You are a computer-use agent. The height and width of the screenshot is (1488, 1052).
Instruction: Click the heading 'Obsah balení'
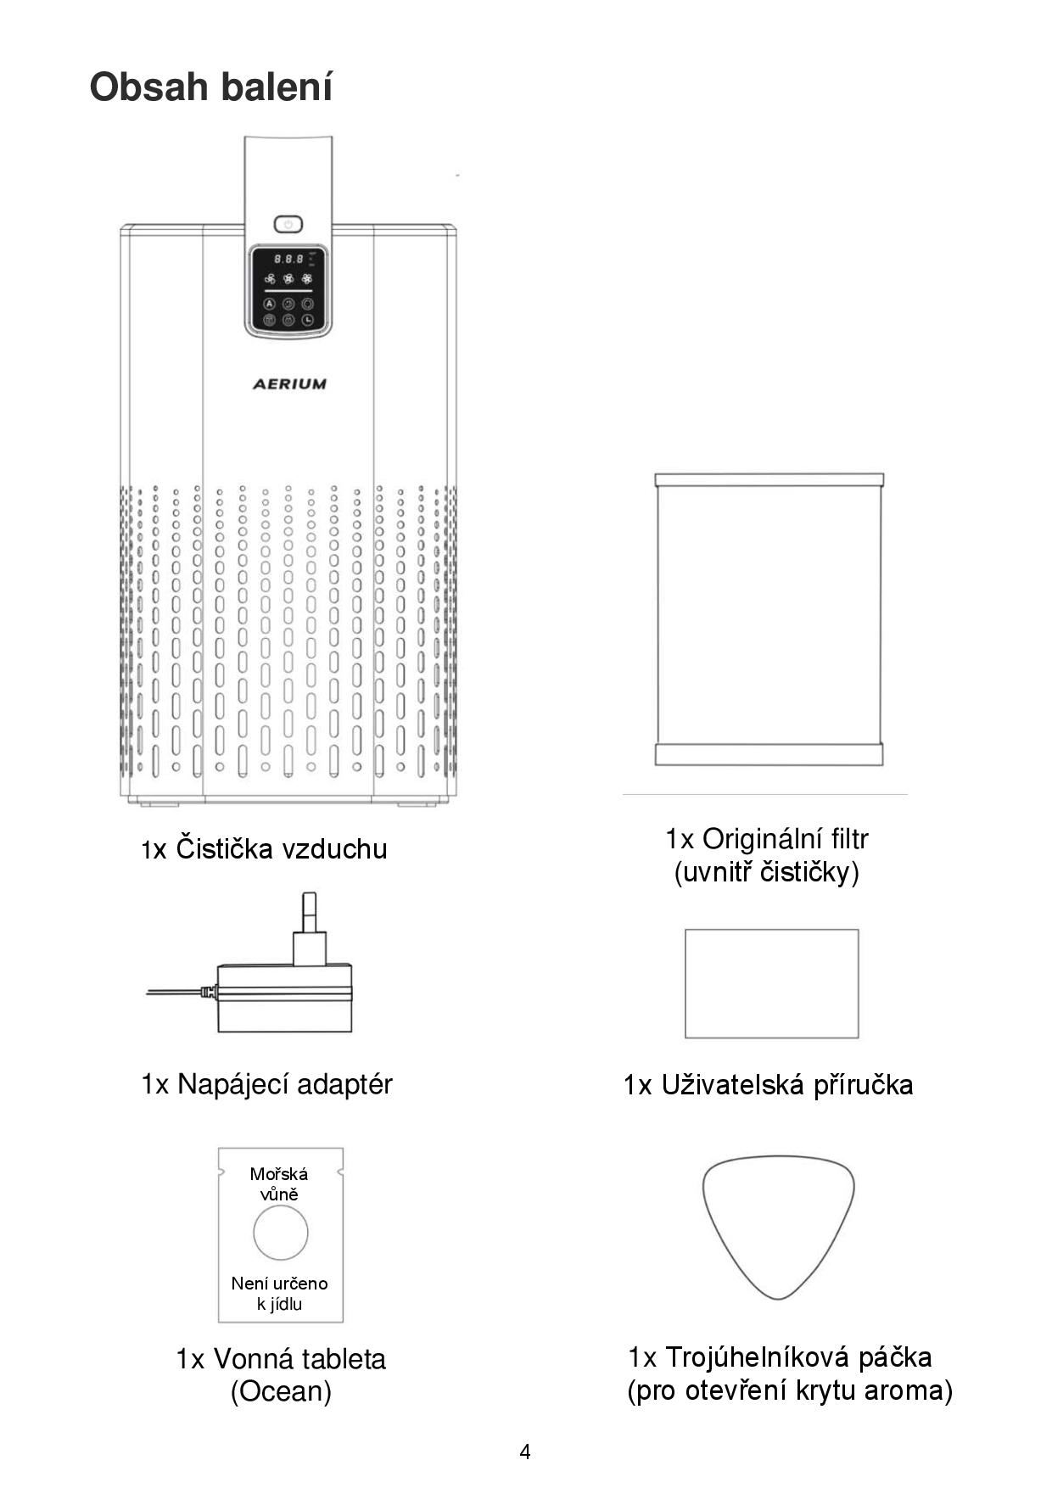[211, 87]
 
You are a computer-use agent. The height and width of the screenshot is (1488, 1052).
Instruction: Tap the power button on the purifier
[288, 224]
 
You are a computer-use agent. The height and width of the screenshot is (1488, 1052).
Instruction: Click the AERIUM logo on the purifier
[289, 383]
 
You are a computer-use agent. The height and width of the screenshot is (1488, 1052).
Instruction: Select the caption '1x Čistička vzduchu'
[264, 848]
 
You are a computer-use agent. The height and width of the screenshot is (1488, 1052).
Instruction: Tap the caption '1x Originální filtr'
[767, 838]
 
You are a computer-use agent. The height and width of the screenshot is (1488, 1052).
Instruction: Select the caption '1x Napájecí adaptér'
[266, 1084]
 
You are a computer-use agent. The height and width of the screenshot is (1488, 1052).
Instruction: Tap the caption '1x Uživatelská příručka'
[768, 1084]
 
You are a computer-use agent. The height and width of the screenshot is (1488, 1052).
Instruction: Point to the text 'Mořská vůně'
[279, 1184]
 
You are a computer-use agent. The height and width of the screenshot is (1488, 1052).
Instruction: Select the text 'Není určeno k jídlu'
[279, 1294]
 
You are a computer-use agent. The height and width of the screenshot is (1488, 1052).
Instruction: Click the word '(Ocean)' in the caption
[281, 1391]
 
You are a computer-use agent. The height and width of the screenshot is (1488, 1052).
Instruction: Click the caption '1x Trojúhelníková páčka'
[780, 1357]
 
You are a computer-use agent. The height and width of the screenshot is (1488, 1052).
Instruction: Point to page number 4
[525, 1452]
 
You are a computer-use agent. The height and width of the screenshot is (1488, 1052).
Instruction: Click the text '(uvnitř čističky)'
[767, 872]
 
